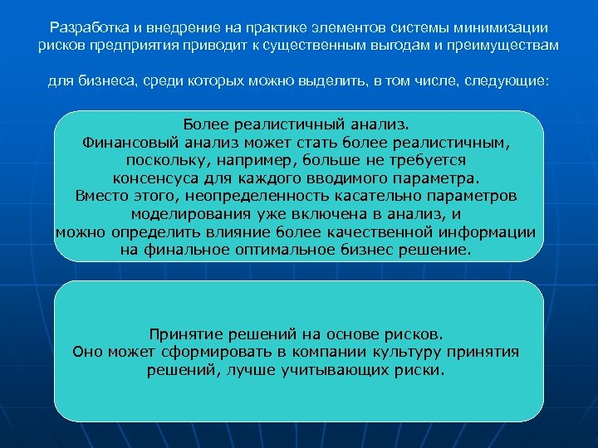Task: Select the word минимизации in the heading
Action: [x=507, y=28]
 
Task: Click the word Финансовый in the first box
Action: [x=124, y=142]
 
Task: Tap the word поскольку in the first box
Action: [x=162, y=159]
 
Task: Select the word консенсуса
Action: [x=154, y=178]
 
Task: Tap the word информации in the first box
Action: [x=498, y=231]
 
